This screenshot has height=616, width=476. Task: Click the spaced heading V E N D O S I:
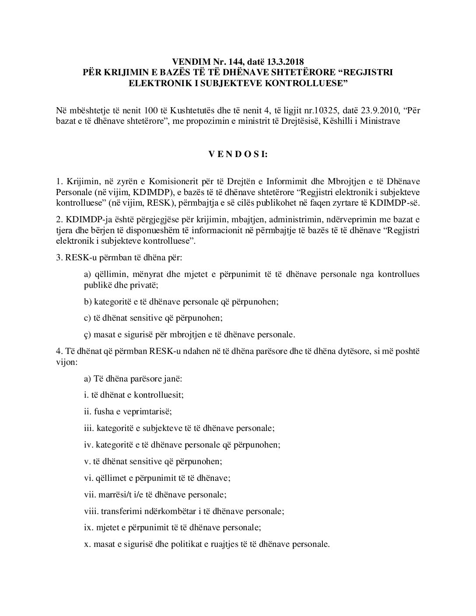pos(238,154)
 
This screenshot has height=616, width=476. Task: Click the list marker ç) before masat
pos(87,335)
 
